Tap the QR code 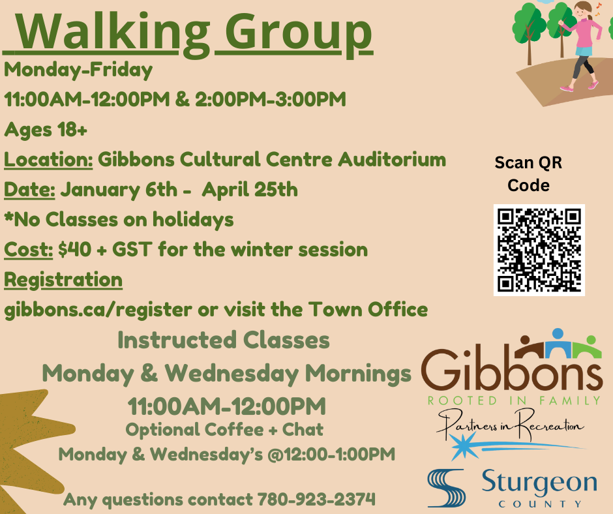539,250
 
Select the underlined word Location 48,160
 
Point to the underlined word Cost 28,250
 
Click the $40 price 75,250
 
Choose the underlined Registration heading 63,280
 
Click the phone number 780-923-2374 316,500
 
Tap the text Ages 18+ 46,129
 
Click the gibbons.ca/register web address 98,310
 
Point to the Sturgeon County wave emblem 447,488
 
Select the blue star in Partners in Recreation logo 464,446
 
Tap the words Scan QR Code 528,174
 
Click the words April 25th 250,190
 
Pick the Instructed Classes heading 224,340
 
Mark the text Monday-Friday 78,70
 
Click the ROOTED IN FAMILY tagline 514,401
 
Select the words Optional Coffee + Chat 224,429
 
